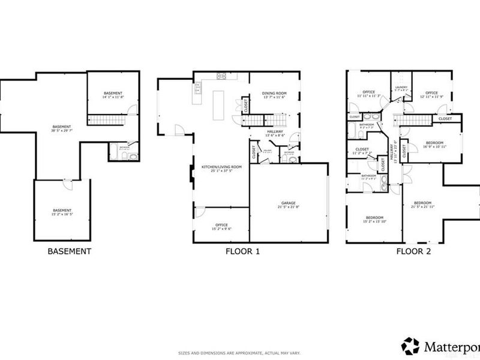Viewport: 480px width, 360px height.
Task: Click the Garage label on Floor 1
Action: click(x=289, y=205)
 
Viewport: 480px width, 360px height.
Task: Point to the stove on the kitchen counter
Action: click(x=221, y=76)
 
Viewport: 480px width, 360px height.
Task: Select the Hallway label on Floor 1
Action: click(x=275, y=134)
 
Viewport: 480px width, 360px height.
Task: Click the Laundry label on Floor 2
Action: click(x=401, y=89)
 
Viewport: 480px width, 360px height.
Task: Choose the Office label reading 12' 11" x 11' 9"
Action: click(x=432, y=94)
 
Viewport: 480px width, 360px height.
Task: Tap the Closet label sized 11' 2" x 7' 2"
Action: click(x=362, y=151)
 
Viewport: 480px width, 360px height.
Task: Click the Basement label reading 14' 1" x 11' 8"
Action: click(x=113, y=95)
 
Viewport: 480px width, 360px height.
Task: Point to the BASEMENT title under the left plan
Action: click(x=69, y=251)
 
